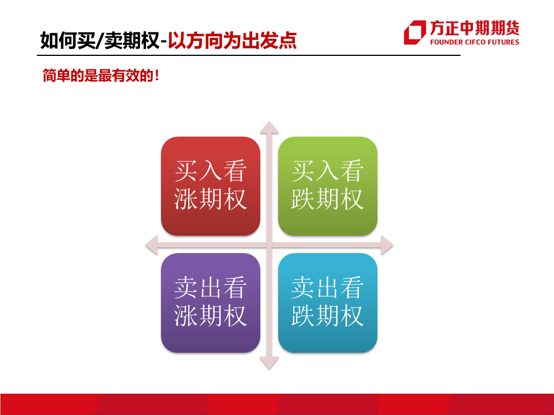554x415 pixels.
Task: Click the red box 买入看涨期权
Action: pyautogui.click(x=211, y=186)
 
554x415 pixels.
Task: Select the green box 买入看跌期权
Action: pyautogui.click(x=328, y=186)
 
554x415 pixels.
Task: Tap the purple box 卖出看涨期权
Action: pyautogui.click(x=211, y=303)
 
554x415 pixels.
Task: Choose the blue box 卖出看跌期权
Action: pyautogui.click(x=328, y=303)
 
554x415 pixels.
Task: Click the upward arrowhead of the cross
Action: pyautogui.click(x=269, y=127)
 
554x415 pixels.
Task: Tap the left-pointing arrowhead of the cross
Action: pyautogui.click(x=152, y=245)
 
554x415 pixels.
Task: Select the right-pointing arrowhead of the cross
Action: pyautogui.click(x=387, y=245)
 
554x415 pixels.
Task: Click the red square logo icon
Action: pyautogui.click(x=415, y=32)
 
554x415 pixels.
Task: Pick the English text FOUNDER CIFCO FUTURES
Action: pyautogui.click(x=474, y=42)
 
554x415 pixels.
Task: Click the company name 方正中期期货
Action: pyautogui.click(x=474, y=28)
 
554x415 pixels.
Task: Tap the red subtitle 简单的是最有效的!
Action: pyautogui.click(x=100, y=76)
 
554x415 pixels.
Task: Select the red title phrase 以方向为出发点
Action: pyautogui.click(x=232, y=40)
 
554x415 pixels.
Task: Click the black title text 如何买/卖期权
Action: pyautogui.click(x=100, y=40)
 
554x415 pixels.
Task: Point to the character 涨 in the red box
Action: pyautogui.click(x=186, y=199)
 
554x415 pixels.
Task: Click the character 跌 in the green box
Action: pyautogui.click(x=303, y=199)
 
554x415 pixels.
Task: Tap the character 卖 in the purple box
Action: pyautogui.click(x=186, y=288)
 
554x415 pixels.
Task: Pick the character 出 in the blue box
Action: pyautogui.click(x=328, y=288)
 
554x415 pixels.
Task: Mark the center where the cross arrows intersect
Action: pyautogui.click(x=269, y=245)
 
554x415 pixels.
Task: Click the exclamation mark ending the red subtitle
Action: pyautogui.click(x=157, y=76)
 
